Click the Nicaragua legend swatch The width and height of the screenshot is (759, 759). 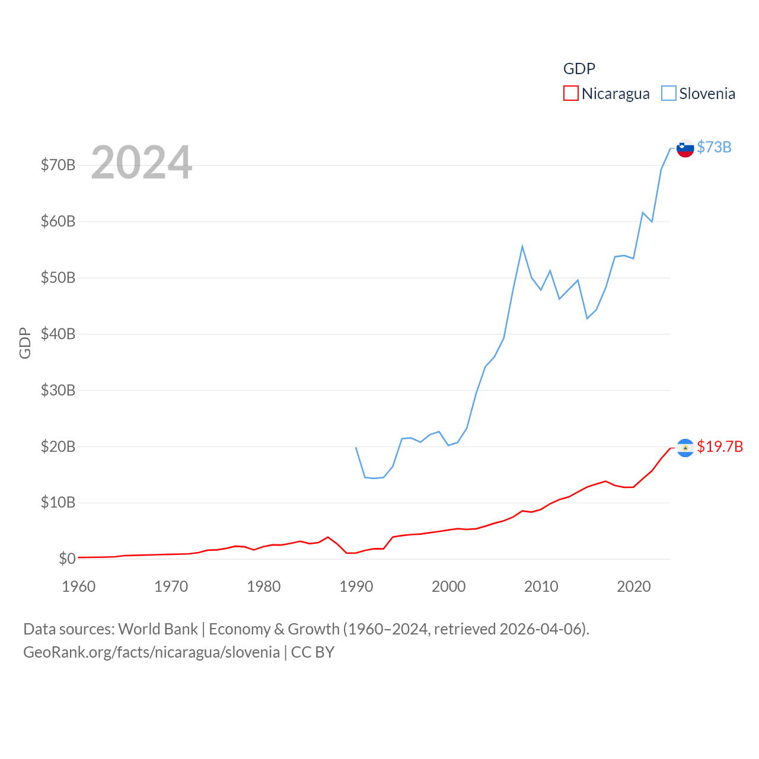570,94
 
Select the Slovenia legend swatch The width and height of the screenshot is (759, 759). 668,94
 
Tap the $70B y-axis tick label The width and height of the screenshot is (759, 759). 58,165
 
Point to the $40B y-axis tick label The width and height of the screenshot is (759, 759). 58,334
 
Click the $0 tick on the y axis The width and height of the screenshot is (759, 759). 67,559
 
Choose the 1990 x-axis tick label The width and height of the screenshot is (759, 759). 356,586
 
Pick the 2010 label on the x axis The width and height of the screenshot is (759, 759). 541,586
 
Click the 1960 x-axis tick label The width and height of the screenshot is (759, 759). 79,586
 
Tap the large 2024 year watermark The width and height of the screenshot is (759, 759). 142,162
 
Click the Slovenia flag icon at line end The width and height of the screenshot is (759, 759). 685,148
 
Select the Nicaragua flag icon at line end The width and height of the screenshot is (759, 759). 685,448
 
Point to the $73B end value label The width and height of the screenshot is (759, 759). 714,147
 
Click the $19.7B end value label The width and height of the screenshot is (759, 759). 720,447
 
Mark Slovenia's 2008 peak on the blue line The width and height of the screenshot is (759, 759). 522,247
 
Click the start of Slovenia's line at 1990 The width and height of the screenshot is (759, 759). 356,447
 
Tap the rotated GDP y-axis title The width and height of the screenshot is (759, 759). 25,343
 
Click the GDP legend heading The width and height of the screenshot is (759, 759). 579,69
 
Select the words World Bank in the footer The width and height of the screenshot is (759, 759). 158,629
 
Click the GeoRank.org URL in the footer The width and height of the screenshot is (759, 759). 151,652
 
